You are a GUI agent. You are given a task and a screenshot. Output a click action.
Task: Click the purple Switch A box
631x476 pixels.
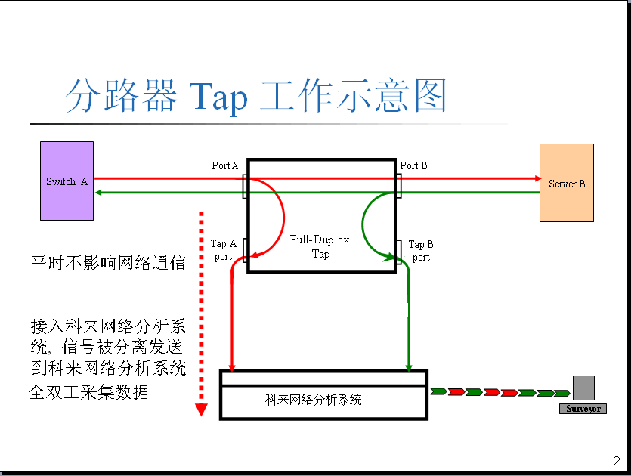tap(67, 181)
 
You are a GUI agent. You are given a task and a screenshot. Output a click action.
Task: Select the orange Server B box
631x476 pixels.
tap(566, 183)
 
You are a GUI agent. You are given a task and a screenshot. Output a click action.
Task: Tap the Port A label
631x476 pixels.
tap(224, 165)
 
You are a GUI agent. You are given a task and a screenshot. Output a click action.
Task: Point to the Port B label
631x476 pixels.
tap(414, 165)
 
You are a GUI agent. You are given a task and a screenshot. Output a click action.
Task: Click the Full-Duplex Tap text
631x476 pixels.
tap(320, 247)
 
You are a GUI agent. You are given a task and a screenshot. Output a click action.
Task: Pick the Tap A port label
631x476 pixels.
tap(223, 250)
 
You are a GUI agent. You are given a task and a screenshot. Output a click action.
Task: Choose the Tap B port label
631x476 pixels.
tap(421, 251)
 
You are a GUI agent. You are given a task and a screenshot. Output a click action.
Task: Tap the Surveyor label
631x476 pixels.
tap(583, 409)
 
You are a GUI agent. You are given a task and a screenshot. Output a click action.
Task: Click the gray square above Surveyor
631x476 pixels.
tap(583, 388)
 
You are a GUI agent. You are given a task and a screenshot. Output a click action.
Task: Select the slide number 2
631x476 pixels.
tap(617, 462)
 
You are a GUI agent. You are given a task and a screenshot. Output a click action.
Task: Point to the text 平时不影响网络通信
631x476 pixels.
tap(107, 263)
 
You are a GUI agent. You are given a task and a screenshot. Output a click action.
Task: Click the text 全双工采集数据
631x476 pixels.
tap(88, 393)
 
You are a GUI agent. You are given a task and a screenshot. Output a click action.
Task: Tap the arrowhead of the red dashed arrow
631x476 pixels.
tap(201, 410)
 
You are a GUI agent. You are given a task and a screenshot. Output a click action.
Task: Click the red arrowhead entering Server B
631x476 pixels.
tap(536, 179)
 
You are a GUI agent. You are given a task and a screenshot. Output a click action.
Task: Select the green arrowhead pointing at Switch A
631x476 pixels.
tap(101, 192)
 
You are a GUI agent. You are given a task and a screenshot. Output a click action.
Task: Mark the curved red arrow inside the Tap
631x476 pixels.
tap(278, 219)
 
